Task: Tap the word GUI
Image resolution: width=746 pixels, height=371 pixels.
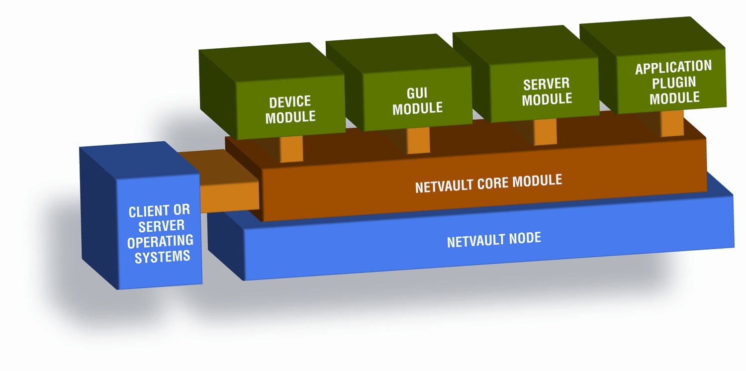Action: pyautogui.click(x=417, y=93)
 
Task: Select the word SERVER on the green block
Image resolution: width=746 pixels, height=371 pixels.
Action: pyautogui.click(x=546, y=84)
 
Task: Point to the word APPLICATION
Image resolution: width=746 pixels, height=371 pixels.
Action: pyautogui.click(x=673, y=67)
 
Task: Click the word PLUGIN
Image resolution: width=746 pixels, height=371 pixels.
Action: pyautogui.click(x=674, y=83)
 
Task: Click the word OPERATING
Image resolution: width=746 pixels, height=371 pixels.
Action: pyautogui.click(x=160, y=242)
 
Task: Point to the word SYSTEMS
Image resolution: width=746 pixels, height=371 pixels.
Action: pyautogui.click(x=162, y=257)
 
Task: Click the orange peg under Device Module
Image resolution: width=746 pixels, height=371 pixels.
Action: pyautogui.click(x=291, y=149)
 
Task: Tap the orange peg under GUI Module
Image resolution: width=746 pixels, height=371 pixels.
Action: pyautogui.click(x=418, y=140)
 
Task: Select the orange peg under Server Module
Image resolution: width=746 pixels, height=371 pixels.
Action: pyautogui.click(x=545, y=132)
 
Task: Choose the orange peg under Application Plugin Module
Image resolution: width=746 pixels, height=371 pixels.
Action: pyautogui.click(x=672, y=123)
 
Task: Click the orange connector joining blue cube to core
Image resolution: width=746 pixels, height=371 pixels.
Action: pyautogui.click(x=229, y=197)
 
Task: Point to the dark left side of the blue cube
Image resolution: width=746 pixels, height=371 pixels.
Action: pyautogui.click(x=99, y=218)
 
